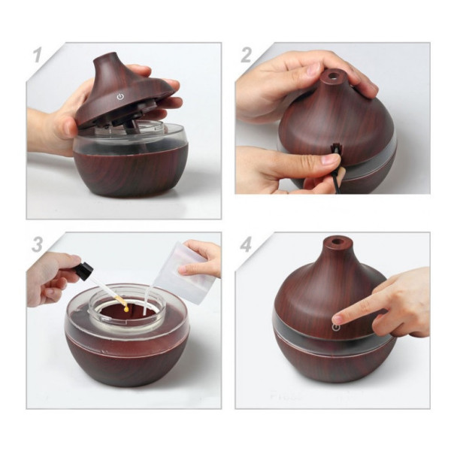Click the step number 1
point(38,55)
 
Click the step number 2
point(247,55)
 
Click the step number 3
point(38,245)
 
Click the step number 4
point(247,245)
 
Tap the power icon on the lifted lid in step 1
point(120,97)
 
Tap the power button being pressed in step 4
point(336,327)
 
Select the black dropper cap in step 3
point(86,271)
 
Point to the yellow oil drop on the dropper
point(126,309)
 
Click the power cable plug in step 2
point(334,151)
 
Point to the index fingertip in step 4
point(337,319)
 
